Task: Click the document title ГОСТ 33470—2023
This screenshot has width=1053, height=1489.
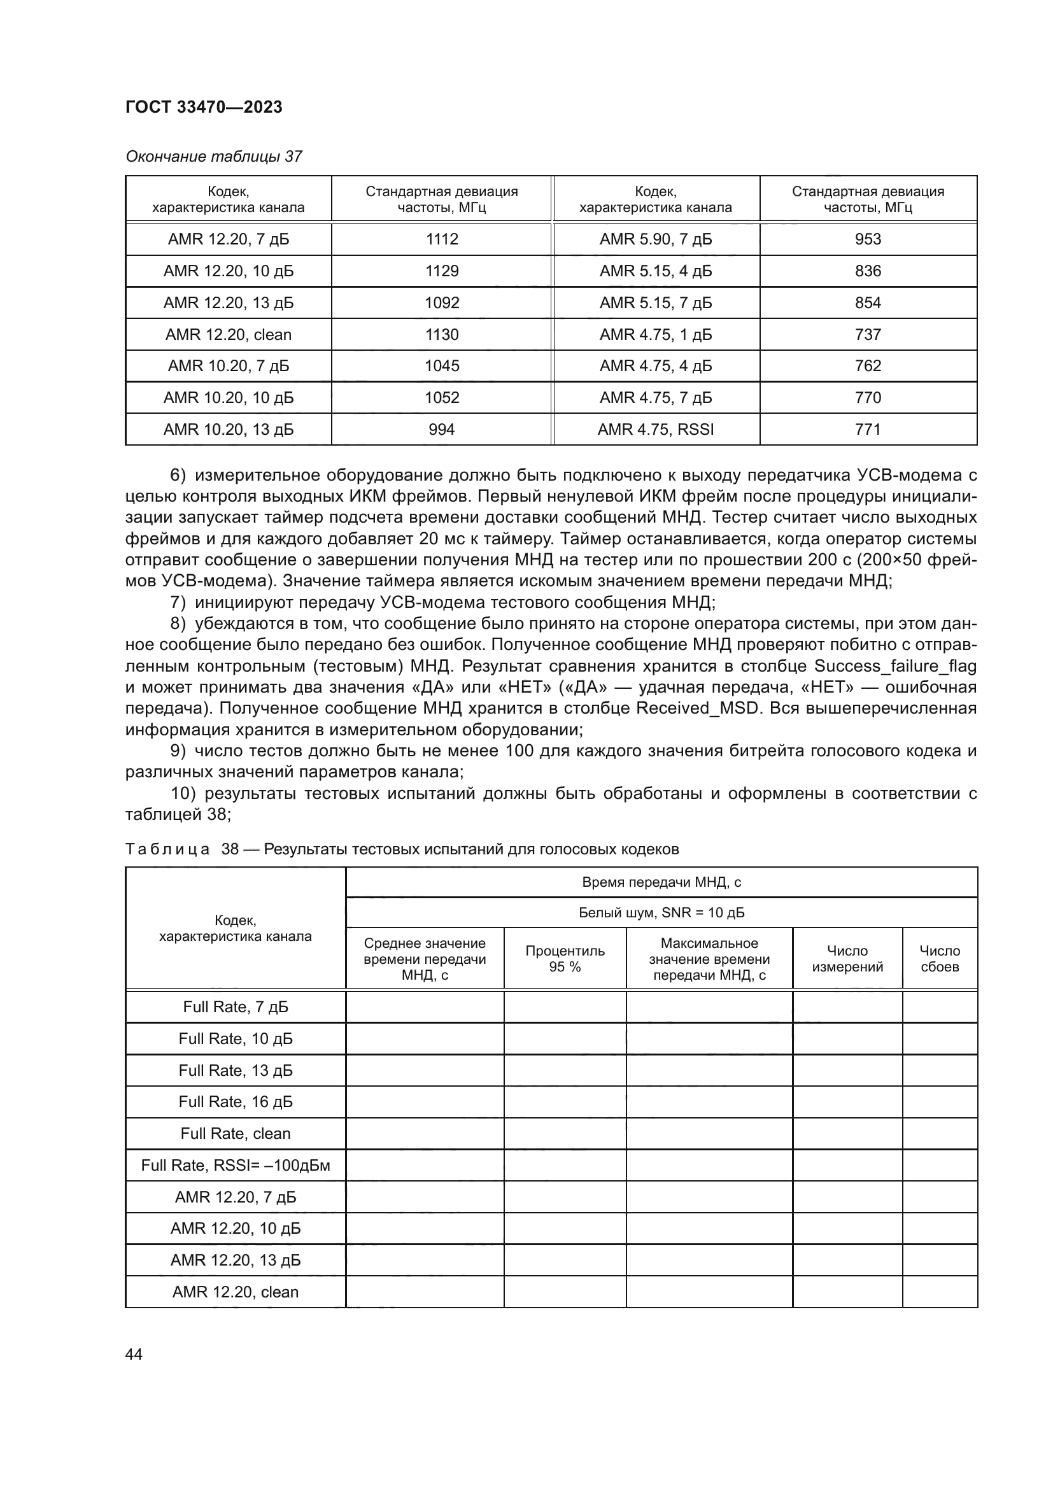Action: (x=204, y=107)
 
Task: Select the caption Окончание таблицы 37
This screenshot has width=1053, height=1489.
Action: (x=213, y=157)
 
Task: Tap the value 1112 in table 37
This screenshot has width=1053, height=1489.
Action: (x=442, y=239)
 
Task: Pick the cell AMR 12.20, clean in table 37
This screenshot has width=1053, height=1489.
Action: (x=229, y=335)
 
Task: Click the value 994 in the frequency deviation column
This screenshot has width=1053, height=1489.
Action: (x=442, y=429)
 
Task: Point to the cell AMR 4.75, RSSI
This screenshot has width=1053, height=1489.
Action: (x=656, y=429)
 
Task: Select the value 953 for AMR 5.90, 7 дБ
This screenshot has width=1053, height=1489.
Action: (x=868, y=239)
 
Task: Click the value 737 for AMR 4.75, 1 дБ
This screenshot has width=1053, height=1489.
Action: (x=868, y=335)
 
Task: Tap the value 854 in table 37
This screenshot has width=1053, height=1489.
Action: (x=868, y=303)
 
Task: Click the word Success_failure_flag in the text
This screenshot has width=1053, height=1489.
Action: (x=894, y=666)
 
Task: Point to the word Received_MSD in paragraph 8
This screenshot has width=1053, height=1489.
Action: (x=697, y=708)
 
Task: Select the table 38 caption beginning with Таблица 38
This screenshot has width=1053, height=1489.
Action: (x=401, y=849)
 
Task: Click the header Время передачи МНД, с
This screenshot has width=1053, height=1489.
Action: (x=661, y=882)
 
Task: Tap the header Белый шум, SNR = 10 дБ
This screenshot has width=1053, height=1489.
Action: (x=661, y=912)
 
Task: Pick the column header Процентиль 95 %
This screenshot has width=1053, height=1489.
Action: (x=565, y=959)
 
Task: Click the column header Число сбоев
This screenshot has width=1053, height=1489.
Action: (x=940, y=959)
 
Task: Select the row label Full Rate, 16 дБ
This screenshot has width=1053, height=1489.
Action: (x=236, y=1102)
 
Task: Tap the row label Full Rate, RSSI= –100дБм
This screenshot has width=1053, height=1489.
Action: (x=236, y=1166)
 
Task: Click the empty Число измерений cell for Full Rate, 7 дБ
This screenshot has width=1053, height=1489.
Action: (x=847, y=1006)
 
